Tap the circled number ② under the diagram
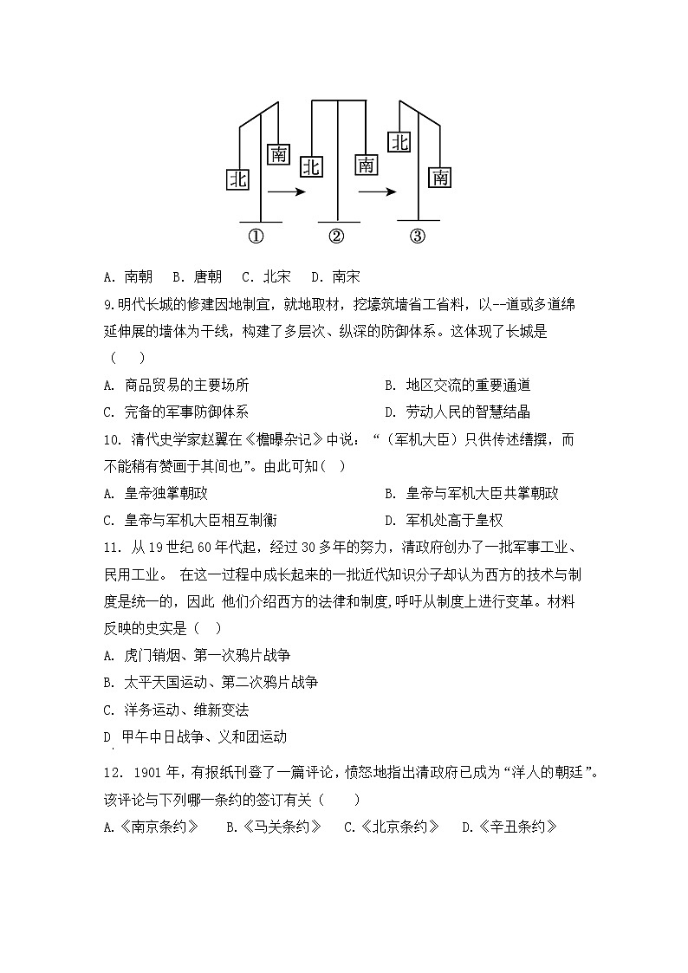coord(337,237)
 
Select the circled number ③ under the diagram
coord(418,237)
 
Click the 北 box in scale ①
coord(238,179)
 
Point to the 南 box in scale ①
coord(279,154)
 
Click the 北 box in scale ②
coord(311,166)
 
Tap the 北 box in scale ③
coord(399,142)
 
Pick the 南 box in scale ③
coord(440,178)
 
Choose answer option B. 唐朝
coord(197,277)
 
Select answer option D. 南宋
coord(334,277)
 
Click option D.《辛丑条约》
coord(509,827)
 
